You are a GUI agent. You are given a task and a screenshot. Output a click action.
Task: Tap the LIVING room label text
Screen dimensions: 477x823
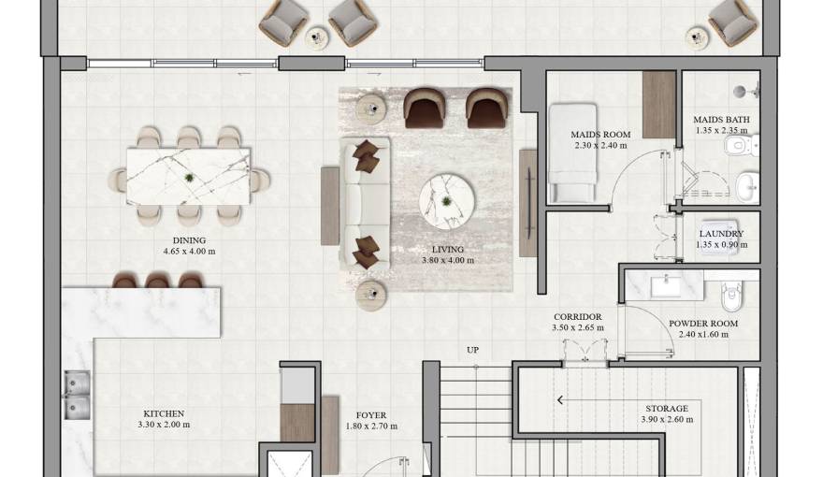(448, 250)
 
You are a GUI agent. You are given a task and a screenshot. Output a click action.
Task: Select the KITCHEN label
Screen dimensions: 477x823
(164, 413)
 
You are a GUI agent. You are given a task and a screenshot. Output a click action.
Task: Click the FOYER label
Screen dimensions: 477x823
(371, 415)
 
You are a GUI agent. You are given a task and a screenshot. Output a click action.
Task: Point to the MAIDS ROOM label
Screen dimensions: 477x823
(600, 135)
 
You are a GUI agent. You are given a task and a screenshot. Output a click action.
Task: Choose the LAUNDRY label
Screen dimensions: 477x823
(721, 234)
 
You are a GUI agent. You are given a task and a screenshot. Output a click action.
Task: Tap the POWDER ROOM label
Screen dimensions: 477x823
(703, 324)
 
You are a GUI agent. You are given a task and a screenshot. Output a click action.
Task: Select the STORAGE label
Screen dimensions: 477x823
(667, 409)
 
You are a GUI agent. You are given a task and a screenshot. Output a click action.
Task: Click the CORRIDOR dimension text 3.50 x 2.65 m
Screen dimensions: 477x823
(577, 328)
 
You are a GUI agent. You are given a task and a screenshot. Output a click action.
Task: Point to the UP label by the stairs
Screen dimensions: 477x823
(473, 351)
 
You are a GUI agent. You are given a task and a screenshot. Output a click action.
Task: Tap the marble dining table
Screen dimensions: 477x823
(188, 176)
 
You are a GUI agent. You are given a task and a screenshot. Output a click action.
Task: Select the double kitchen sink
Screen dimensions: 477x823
(78, 396)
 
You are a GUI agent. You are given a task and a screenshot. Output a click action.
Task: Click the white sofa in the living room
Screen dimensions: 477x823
(365, 205)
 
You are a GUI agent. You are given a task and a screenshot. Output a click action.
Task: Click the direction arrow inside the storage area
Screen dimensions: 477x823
(560, 400)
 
